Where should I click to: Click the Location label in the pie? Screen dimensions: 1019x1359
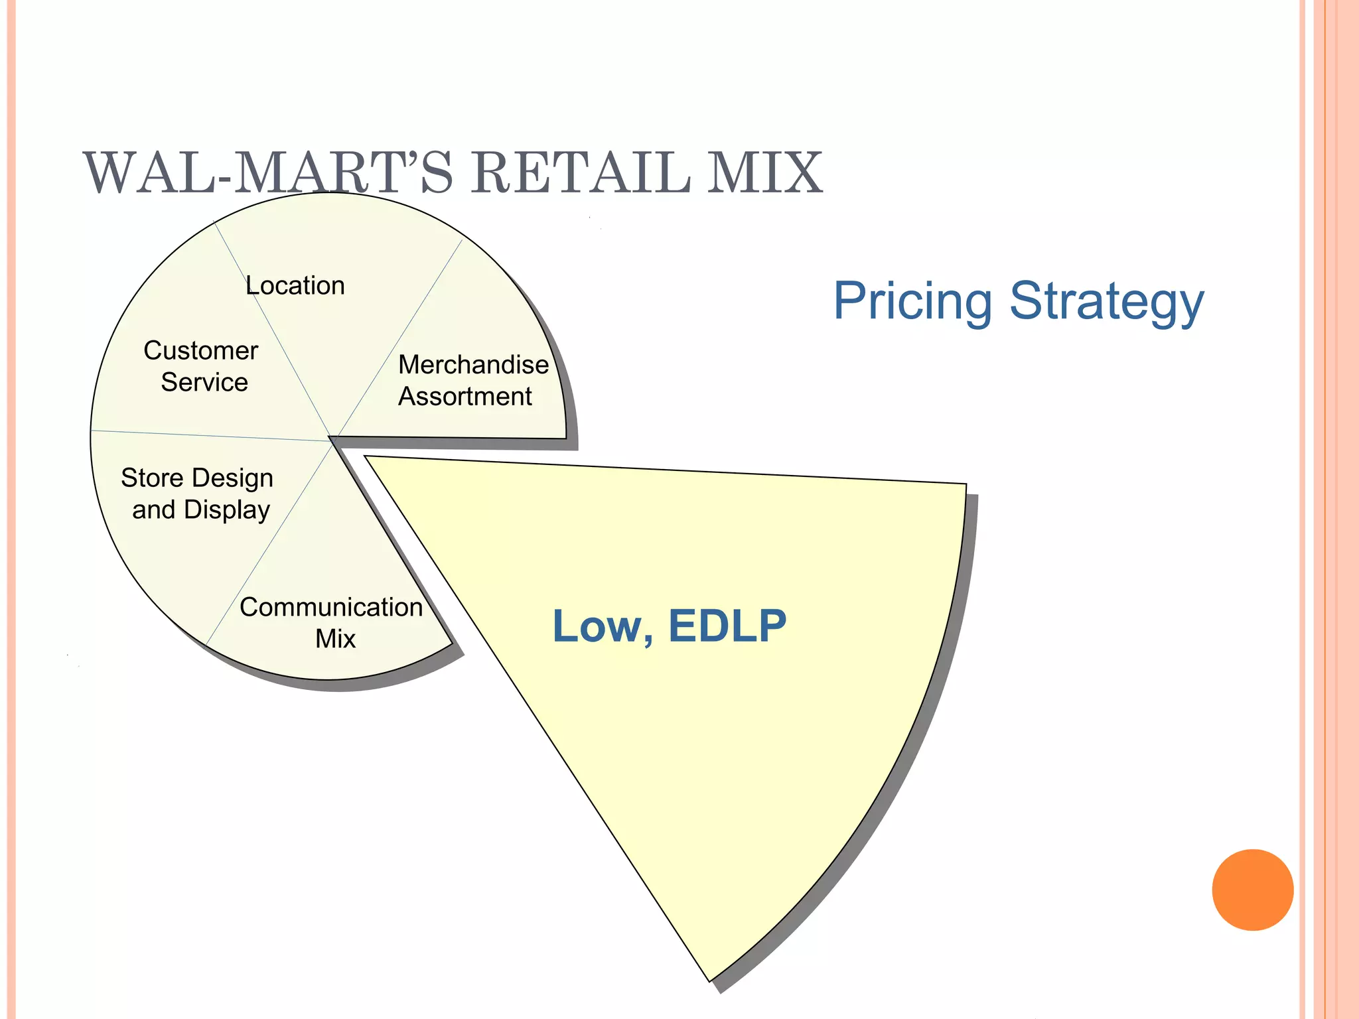point(295,286)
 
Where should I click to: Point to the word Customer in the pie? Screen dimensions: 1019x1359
point(200,350)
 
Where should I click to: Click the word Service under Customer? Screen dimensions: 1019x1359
point(204,382)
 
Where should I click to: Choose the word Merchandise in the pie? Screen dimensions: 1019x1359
point(473,364)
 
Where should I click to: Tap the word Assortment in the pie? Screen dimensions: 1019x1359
point(465,397)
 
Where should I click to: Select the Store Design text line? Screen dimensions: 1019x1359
point(197,478)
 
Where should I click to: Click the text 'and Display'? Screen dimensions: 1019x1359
point(201,509)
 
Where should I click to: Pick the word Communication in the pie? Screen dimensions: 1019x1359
point(331,607)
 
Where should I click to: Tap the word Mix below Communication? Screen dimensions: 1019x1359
point(335,639)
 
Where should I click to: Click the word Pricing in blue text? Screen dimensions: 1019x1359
point(912,301)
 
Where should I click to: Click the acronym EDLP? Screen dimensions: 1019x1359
point(727,626)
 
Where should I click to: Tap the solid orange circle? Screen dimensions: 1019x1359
point(1252,890)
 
